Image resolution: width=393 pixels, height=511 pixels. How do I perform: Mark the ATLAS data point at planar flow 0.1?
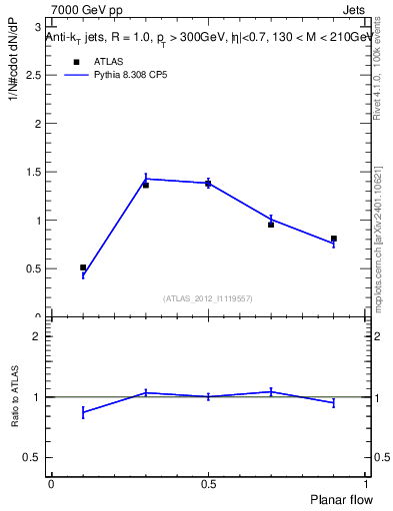coord(83,267)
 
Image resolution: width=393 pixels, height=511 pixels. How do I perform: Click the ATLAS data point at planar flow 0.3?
coord(146,185)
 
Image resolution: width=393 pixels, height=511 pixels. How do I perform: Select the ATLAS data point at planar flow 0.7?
coord(271,225)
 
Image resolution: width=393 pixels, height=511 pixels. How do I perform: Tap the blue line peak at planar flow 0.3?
coord(146,179)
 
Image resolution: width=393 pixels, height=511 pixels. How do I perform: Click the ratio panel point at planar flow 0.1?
coord(83,412)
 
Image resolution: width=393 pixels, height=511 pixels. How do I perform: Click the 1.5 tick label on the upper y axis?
coord(37,172)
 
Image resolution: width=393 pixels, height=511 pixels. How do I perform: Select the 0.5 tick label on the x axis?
coord(208,483)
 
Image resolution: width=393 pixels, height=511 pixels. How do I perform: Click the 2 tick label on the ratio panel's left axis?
coord(40,336)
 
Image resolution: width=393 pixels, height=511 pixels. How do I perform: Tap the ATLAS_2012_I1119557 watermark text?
coord(208,298)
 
